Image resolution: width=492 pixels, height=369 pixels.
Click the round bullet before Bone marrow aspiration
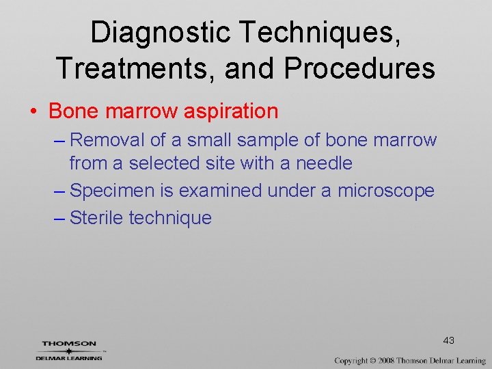coord(38,111)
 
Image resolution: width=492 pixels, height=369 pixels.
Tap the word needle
coord(324,163)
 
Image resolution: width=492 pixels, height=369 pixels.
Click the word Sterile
coord(96,218)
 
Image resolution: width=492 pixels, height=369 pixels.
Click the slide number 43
coord(448,340)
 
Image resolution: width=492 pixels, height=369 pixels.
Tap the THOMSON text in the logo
coord(69,344)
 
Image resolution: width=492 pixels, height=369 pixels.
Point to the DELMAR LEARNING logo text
coord(69,357)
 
